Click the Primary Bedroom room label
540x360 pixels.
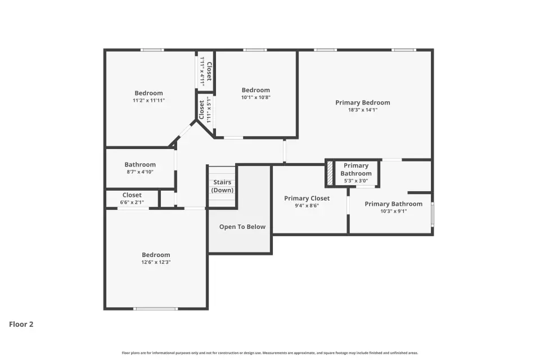coord(363,103)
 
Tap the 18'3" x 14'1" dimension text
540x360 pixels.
coord(363,110)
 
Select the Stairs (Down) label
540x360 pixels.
coord(222,186)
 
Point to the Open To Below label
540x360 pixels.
coord(242,227)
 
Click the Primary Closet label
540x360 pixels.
coord(307,199)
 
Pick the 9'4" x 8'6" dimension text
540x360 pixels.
coord(307,206)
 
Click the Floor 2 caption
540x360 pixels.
coord(21,324)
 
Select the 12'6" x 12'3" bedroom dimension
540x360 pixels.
coord(156,262)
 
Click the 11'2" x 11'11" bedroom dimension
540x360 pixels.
coord(148,100)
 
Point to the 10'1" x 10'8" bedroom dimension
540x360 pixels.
coord(255,97)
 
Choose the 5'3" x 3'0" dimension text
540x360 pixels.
coord(356,181)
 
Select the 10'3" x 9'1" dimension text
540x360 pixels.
coord(394,211)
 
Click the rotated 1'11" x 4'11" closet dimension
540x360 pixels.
coord(202,71)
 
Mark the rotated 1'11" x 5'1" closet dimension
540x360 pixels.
coord(208,110)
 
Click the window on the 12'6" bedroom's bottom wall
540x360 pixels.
coord(156,309)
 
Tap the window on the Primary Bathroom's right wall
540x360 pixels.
coord(433,214)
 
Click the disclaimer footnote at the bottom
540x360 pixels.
coord(269,353)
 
